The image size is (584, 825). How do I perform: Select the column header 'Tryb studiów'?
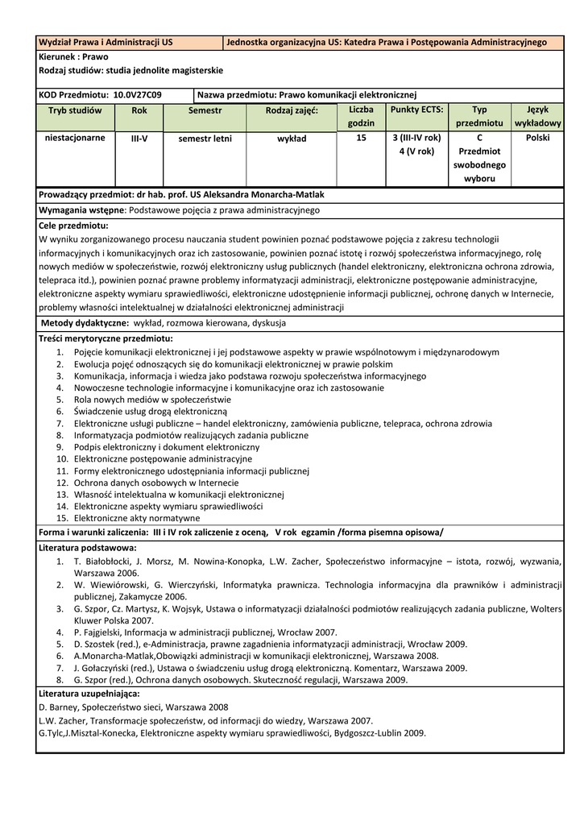pos(74,110)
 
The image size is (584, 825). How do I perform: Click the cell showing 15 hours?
pos(361,138)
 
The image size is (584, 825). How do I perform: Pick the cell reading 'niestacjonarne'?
pos(74,138)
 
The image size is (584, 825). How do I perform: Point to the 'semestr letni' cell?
pos(205,139)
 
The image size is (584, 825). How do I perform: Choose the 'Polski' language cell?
pos(537,138)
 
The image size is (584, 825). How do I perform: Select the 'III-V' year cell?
pos(139,139)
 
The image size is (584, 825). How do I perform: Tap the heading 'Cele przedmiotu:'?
pos(73,226)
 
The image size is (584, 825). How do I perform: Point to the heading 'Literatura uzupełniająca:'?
pos(89,693)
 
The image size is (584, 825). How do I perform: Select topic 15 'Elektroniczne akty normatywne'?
pos(136,518)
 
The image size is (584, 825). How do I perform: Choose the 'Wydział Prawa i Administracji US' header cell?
pos(106,42)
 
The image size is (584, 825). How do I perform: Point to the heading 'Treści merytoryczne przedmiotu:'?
pos(106,339)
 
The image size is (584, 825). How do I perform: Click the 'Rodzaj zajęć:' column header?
pos(292,110)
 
